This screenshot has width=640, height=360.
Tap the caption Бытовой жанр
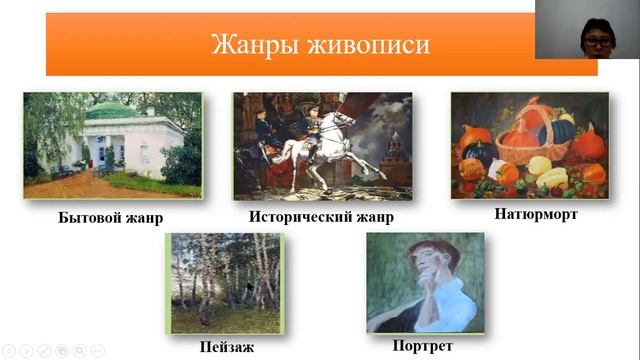click(x=110, y=216)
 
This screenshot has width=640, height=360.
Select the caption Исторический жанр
click(x=320, y=216)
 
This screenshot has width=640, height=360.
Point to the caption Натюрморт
click(x=536, y=213)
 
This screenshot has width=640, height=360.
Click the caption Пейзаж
click(x=226, y=347)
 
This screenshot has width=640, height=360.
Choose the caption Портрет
click(x=423, y=345)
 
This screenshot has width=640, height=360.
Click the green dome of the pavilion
click(x=111, y=109)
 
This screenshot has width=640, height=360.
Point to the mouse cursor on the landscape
click(x=249, y=287)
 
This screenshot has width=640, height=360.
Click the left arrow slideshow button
click(x=9, y=351)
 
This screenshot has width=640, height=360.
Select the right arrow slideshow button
click(x=26, y=351)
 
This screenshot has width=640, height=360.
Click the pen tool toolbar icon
click(x=43, y=351)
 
